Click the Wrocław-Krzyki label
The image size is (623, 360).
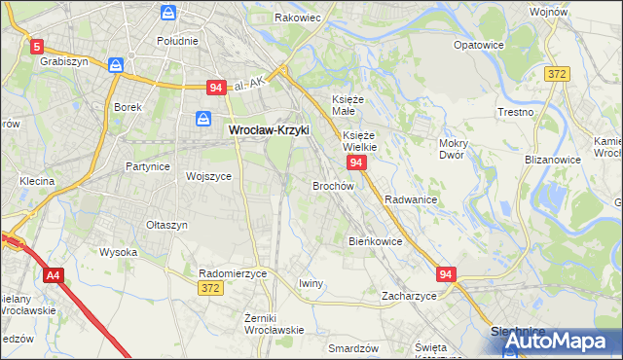click(x=268, y=128)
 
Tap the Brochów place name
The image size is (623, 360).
click(x=333, y=185)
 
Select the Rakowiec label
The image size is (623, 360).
click(x=298, y=18)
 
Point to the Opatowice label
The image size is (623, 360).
click(x=478, y=45)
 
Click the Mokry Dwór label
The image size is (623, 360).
click(x=454, y=149)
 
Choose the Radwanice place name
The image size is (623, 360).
click(x=410, y=198)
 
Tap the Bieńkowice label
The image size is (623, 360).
click(x=375, y=240)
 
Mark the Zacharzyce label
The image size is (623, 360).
click(x=409, y=295)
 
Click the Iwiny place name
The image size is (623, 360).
click(x=311, y=283)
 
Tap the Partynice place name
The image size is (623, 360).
click(x=148, y=166)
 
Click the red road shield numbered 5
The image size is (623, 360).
click(x=37, y=46)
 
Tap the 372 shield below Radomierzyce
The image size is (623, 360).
click(x=209, y=289)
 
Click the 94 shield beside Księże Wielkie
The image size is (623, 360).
click(x=356, y=162)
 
